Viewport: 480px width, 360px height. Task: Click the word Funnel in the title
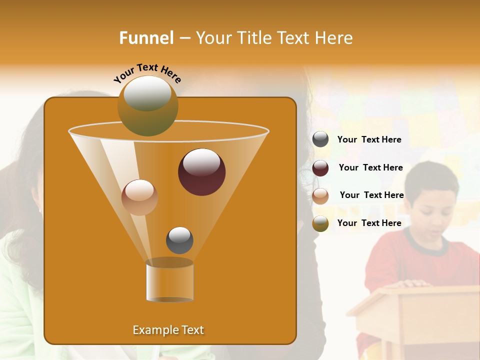[146, 38]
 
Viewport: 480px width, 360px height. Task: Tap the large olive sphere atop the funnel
[148, 105]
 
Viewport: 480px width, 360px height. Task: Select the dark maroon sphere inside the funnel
[201, 172]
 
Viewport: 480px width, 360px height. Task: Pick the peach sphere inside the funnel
[139, 197]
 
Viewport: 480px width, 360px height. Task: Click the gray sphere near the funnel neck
[179, 240]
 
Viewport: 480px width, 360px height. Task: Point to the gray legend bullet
[320, 139]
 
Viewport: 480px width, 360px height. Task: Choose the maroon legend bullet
[320, 167]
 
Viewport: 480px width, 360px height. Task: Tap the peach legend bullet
[320, 195]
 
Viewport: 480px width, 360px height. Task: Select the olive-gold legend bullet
[320, 223]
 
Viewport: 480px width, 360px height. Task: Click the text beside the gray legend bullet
[369, 139]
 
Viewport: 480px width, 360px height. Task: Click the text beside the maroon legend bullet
[370, 167]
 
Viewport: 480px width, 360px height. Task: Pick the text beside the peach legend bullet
[371, 195]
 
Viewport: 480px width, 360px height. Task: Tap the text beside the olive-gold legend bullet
[369, 223]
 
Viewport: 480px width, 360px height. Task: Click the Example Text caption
[168, 330]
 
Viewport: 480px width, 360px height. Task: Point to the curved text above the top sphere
[147, 73]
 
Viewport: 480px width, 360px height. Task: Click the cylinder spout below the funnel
[169, 281]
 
